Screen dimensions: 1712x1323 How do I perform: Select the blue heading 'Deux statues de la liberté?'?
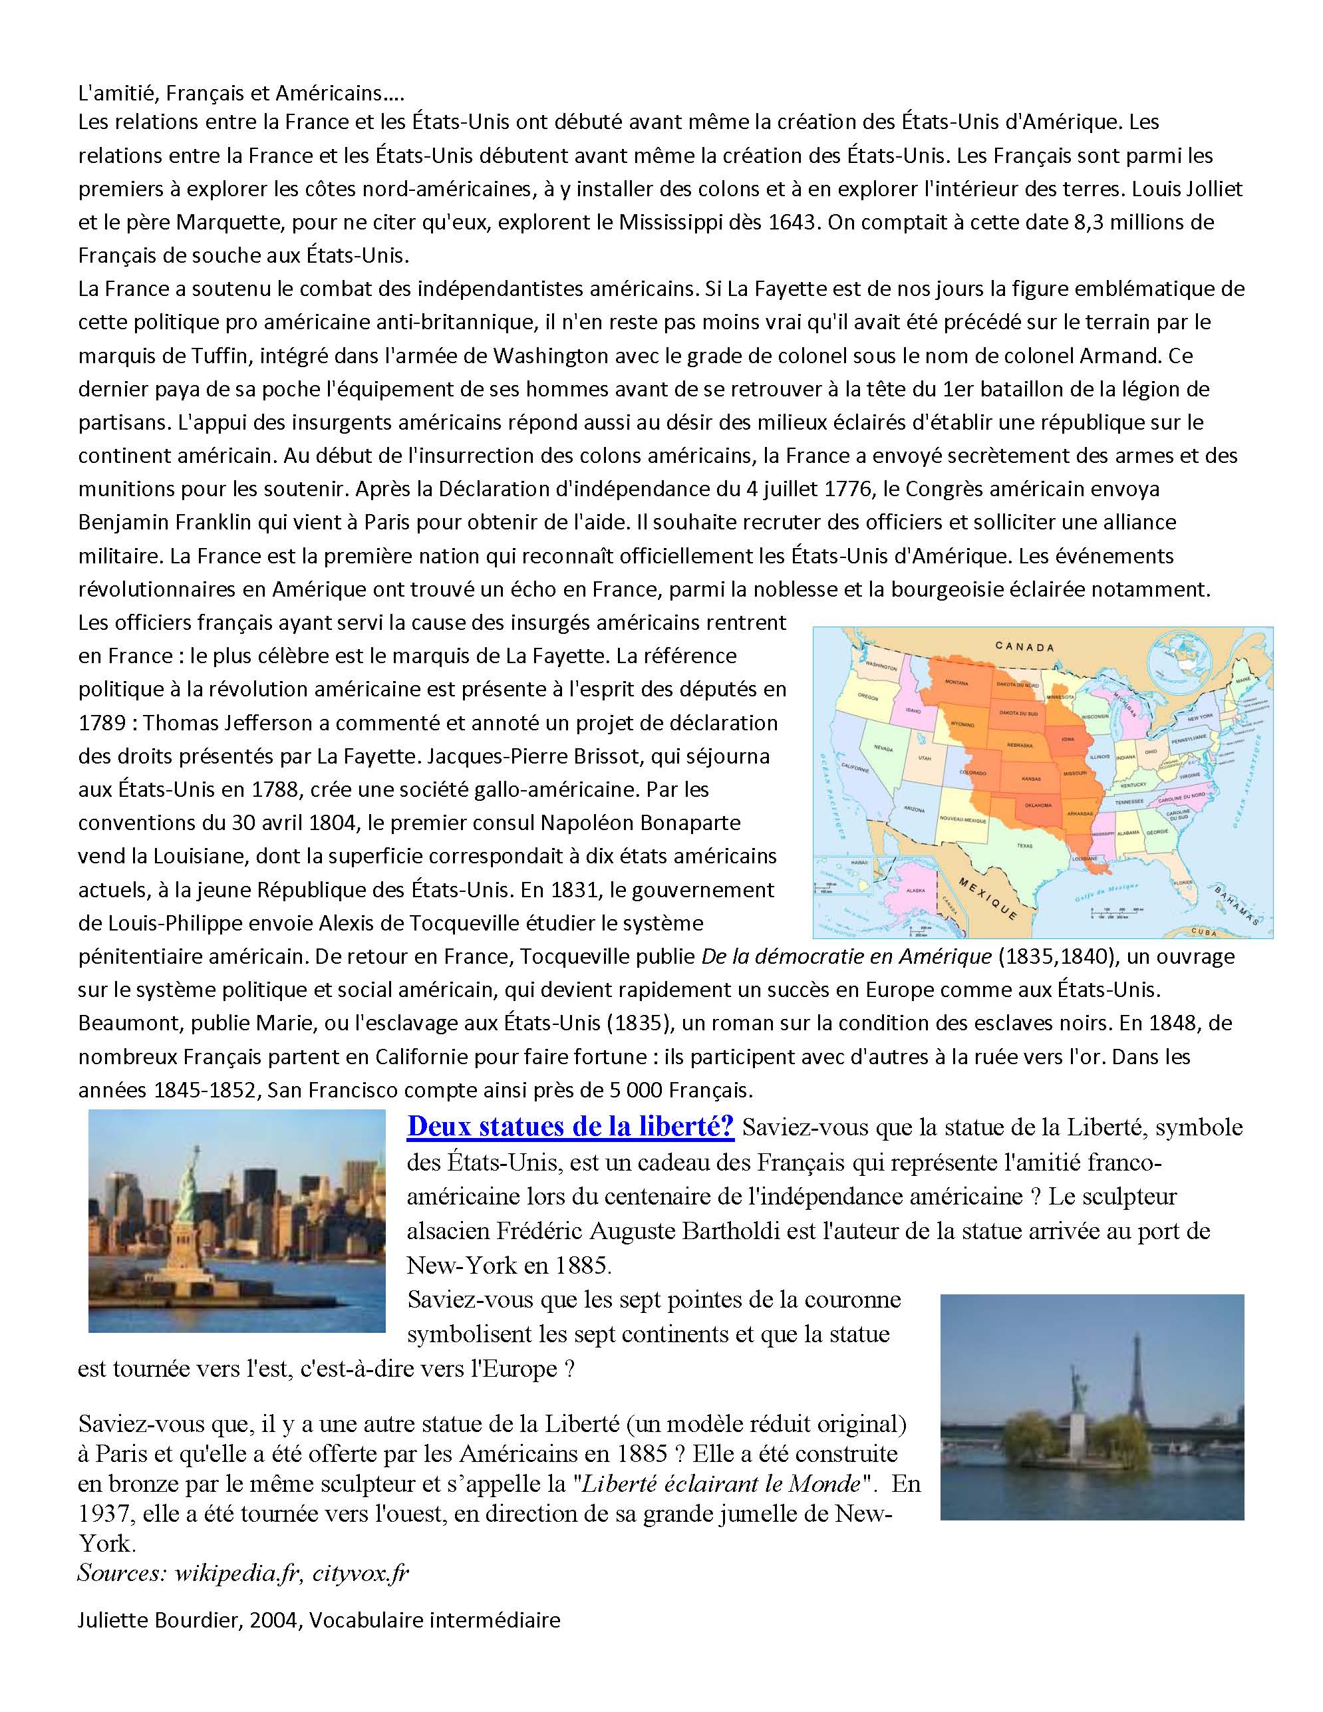pos(570,1127)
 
